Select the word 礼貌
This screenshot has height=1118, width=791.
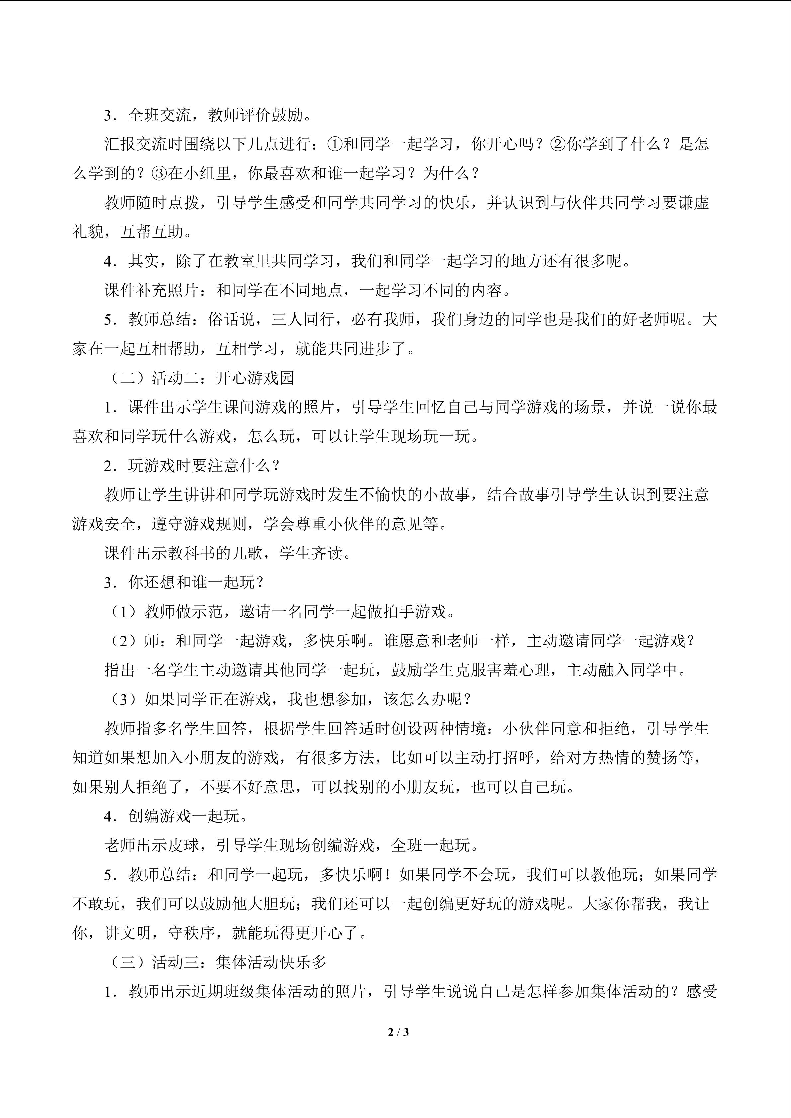[x=88, y=232]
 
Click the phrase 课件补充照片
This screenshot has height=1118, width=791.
[x=151, y=290]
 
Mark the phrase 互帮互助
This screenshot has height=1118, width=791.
[x=151, y=232]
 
